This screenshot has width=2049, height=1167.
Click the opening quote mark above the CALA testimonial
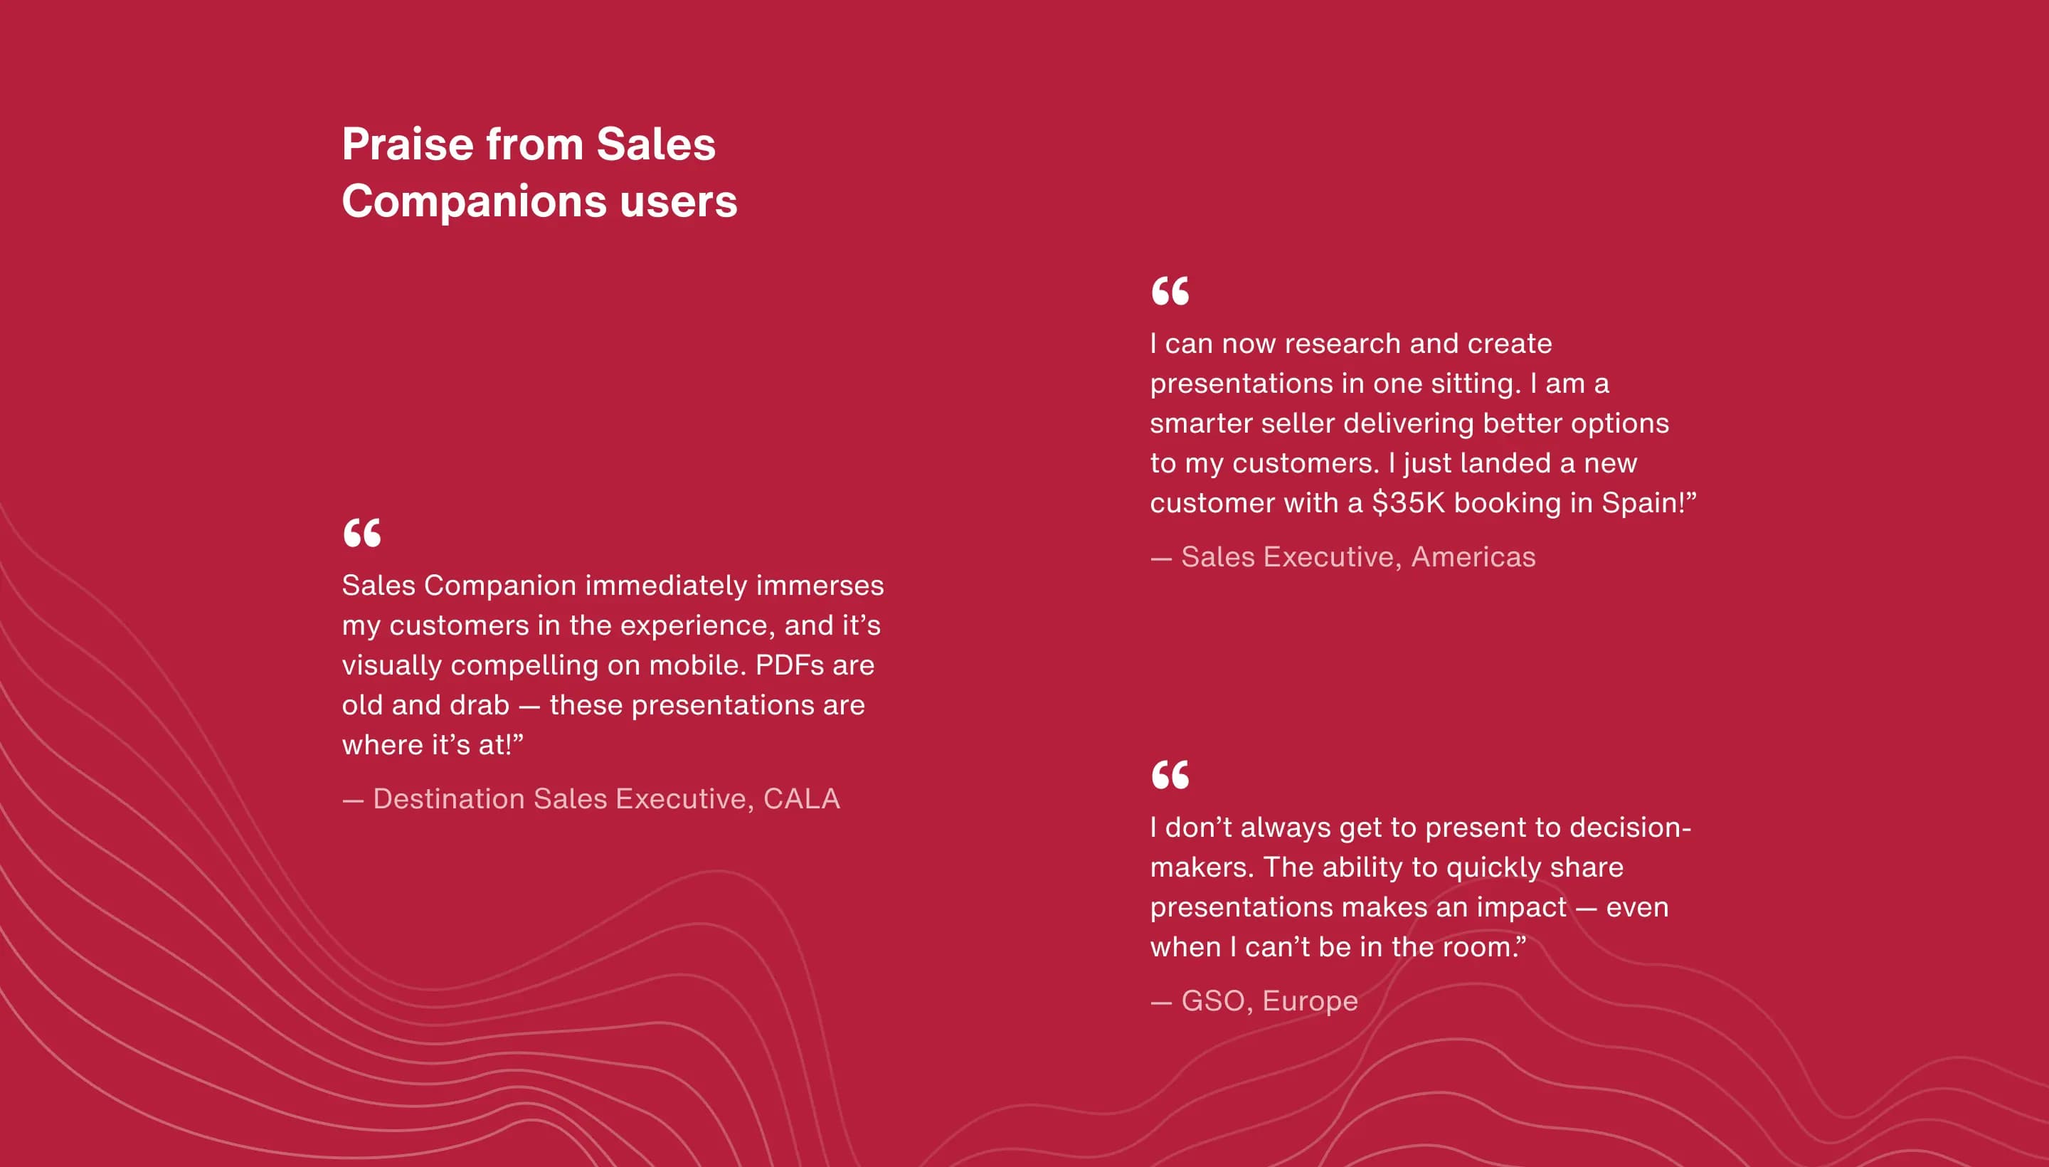(x=362, y=533)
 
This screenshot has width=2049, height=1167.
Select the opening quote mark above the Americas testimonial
(x=1170, y=291)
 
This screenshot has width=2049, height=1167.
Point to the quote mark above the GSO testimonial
(x=1170, y=775)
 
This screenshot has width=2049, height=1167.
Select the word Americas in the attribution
(x=1473, y=557)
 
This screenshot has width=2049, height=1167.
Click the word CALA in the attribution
(x=801, y=799)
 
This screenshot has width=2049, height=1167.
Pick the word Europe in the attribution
(x=1311, y=1001)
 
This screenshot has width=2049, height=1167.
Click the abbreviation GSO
(x=1213, y=1001)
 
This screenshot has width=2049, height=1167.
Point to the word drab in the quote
(x=480, y=705)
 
